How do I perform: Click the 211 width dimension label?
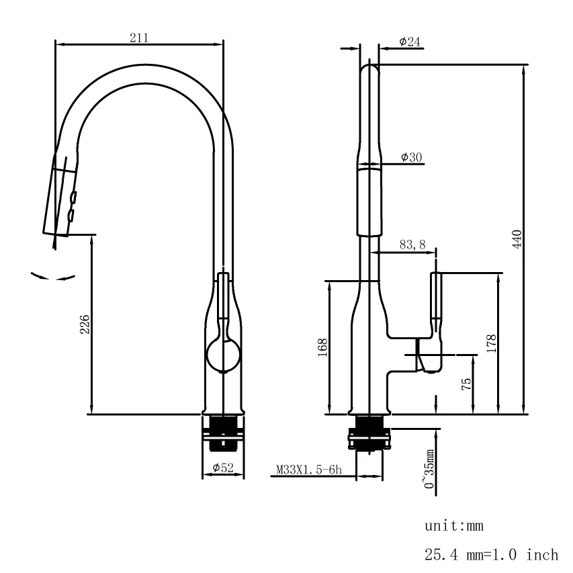(139, 38)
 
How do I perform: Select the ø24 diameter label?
(410, 42)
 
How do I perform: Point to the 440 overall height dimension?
(517, 238)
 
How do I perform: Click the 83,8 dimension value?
(412, 246)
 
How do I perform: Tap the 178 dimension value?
(492, 343)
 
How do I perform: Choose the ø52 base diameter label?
(222, 468)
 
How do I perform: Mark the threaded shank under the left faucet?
(223, 431)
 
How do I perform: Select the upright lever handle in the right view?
(436, 297)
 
